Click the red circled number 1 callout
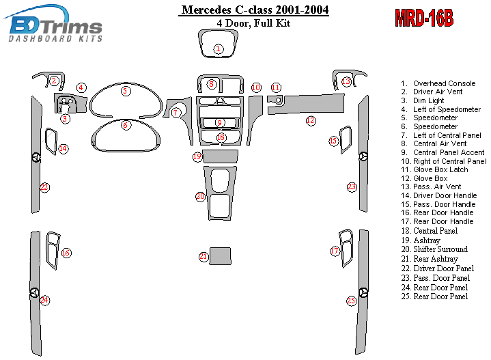tap(218, 49)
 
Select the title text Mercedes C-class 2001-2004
tap(254, 10)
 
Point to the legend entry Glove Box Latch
tap(440, 169)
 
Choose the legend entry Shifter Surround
tap(440, 250)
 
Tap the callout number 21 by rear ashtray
tap(204, 257)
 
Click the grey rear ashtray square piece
tap(220, 255)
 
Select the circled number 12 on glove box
tap(311, 121)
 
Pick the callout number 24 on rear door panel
tap(44, 301)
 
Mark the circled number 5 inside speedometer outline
tap(125, 91)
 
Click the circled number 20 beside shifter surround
tap(200, 197)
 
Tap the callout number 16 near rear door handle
tap(66, 253)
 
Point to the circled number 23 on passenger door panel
tap(352, 186)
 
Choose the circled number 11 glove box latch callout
tap(276, 87)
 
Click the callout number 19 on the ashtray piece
tap(197, 157)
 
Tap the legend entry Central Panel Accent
tap(449, 152)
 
